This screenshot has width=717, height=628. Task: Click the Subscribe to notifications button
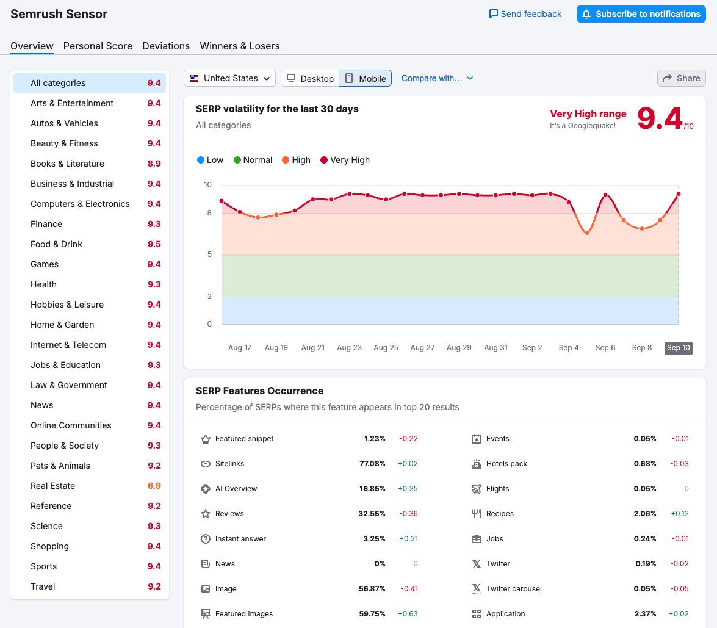pyautogui.click(x=641, y=14)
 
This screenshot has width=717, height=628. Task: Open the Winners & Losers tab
pyautogui.click(x=240, y=46)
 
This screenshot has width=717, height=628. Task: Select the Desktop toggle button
pyautogui.click(x=310, y=78)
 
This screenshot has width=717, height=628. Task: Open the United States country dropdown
pyautogui.click(x=229, y=78)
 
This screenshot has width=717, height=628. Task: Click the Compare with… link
pyautogui.click(x=437, y=78)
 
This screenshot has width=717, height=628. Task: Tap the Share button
pyautogui.click(x=681, y=78)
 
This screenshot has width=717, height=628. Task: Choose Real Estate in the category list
pyautogui.click(x=53, y=486)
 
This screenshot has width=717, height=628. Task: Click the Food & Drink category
pyautogui.click(x=56, y=244)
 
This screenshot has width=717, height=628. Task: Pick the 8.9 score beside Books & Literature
pyautogui.click(x=154, y=164)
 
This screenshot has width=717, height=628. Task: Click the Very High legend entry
pyautogui.click(x=345, y=160)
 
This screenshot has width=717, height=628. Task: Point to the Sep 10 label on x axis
pyautogui.click(x=678, y=348)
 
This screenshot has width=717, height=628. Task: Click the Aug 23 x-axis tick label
pyautogui.click(x=349, y=348)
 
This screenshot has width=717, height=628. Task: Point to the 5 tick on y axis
pyautogui.click(x=209, y=254)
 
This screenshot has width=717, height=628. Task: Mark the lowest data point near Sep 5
pyautogui.click(x=587, y=233)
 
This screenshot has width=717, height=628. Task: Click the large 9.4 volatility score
pyautogui.click(x=660, y=118)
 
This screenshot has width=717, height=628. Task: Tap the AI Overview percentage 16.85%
pyautogui.click(x=372, y=489)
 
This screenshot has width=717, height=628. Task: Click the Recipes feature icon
pyautogui.click(x=477, y=514)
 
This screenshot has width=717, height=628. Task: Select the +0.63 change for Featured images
pyautogui.click(x=408, y=614)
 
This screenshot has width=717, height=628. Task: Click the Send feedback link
pyautogui.click(x=525, y=14)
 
